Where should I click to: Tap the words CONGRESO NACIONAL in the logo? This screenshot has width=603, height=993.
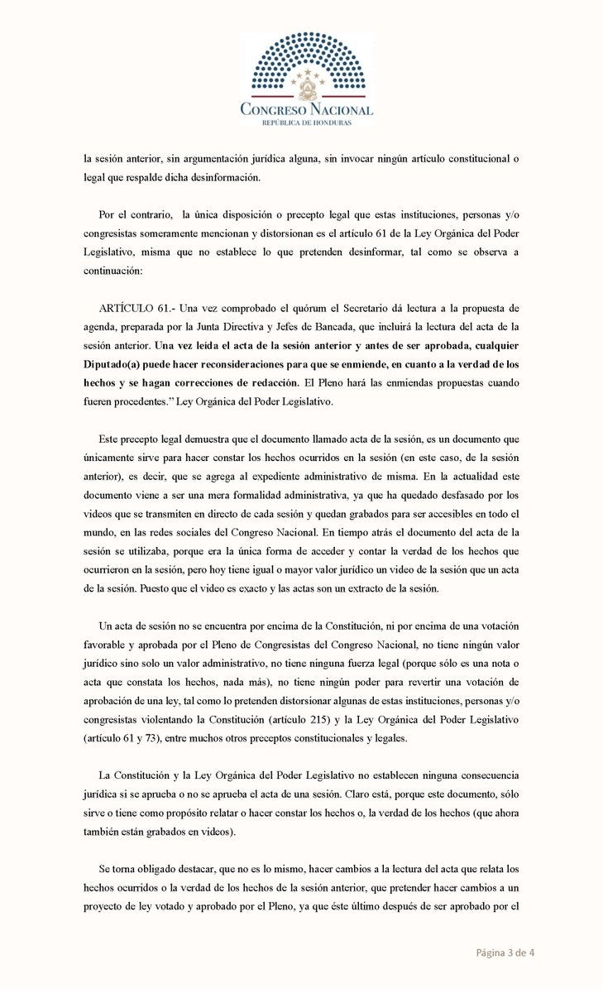[x=306, y=109]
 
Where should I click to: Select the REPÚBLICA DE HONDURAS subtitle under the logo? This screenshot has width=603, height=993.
[x=306, y=122]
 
